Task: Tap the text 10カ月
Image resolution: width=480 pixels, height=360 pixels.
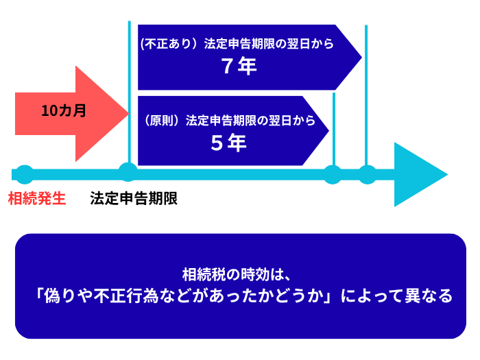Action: pos(64,111)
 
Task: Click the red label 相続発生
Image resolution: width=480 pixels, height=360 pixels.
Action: pos(37,199)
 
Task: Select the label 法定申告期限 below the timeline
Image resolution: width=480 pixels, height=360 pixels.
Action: pos(134,199)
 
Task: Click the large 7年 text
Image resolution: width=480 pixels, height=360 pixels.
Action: pos(239,67)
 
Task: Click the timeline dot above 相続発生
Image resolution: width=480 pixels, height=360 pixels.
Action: pos(24,174)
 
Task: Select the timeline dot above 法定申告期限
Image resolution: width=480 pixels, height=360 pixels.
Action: pos(128,172)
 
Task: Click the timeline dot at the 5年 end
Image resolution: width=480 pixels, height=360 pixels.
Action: pos(333,174)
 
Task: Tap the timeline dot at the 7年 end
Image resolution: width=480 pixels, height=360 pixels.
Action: pos(368,174)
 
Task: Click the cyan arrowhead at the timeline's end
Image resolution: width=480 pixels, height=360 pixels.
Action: pos(418,174)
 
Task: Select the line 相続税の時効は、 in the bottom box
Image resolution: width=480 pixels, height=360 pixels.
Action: pos(239,274)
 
